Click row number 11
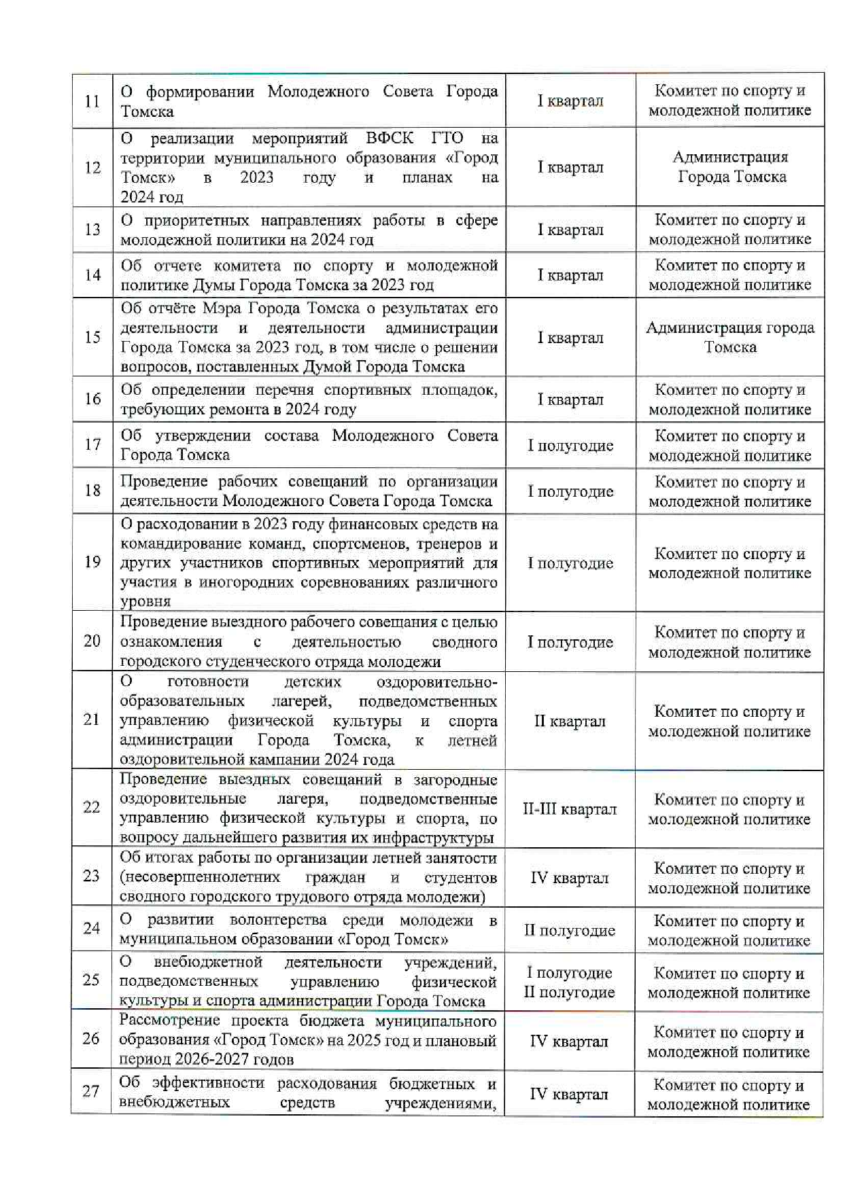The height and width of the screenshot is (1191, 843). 92,101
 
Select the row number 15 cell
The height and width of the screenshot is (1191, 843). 92,338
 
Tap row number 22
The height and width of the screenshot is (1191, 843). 91,807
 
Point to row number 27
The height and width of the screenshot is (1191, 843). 91,1091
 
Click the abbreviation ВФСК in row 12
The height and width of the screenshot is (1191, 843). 390,138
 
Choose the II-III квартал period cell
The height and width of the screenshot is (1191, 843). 570,809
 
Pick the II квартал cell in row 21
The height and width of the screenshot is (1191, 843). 570,722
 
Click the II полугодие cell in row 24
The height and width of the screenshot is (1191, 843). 570,930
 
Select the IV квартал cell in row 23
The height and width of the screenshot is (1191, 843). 570,878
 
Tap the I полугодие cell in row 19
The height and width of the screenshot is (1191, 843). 570,563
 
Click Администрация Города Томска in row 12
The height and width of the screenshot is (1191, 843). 731,167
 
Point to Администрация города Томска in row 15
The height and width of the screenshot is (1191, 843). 730,338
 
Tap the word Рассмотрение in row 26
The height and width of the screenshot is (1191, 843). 170,1020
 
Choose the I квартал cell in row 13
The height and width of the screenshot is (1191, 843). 570,230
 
